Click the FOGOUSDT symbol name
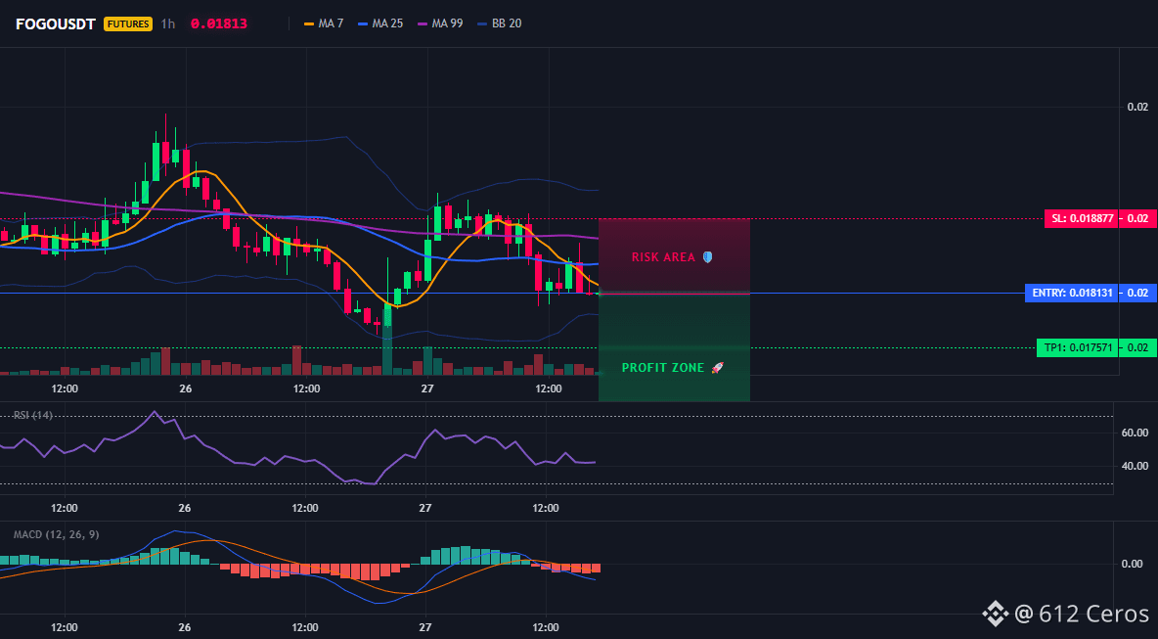click(x=56, y=23)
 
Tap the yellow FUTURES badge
click(x=128, y=23)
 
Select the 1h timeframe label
click(x=168, y=23)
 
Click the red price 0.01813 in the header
click(x=219, y=23)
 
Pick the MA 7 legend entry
click(x=324, y=23)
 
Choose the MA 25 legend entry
click(x=380, y=23)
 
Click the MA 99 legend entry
click(x=441, y=23)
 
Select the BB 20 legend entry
click(x=500, y=23)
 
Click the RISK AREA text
click(x=663, y=257)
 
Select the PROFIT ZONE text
click(x=663, y=368)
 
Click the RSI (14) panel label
click(x=33, y=415)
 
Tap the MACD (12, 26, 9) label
click(x=56, y=534)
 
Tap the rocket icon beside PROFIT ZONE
click(x=717, y=368)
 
